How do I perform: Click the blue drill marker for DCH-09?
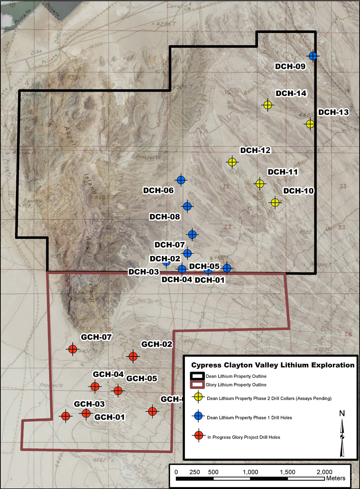(313, 56)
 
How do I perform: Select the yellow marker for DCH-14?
(267, 105)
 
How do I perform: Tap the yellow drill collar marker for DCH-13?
(310, 124)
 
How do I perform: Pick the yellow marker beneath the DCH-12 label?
(232, 162)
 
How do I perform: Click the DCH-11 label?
(283, 172)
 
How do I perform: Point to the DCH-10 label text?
(298, 191)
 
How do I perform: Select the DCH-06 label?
(158, 190)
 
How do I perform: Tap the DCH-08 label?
(165, 217)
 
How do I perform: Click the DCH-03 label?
(144, 272)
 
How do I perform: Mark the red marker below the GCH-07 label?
(73, 349)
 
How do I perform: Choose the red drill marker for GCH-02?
(133, 356)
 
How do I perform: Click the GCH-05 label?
(141, 379)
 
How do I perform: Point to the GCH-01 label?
(109, 417)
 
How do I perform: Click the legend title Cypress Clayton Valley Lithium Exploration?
(273, 365)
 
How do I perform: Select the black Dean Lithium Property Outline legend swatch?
(198, 376)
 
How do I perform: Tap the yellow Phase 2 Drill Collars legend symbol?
(198, 397)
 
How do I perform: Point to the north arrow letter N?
(342, 413)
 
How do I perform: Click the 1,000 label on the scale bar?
(250, 472)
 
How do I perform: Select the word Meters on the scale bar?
(336, 478)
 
